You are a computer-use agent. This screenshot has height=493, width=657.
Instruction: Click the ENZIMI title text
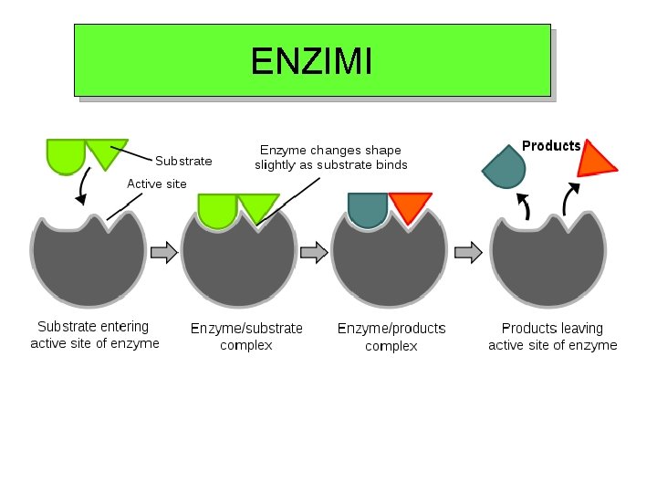pos(311,61)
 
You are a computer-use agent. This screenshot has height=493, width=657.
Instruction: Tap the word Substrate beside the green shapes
pos(183,161)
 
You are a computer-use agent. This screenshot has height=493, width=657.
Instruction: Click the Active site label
pos(156,184)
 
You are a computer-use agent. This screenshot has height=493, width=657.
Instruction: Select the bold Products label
pos(551,146)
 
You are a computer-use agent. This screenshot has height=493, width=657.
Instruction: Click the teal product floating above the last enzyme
pos(505,167)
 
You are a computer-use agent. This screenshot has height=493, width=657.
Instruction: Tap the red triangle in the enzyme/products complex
pos(409,205)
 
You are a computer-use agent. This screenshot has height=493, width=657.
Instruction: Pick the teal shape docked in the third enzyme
pos(367,208)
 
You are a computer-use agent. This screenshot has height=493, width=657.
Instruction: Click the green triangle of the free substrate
pos(105,151)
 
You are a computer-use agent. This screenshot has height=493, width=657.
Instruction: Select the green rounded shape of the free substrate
pos(65,154)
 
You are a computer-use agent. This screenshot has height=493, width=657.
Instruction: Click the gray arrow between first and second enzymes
pos(164,253)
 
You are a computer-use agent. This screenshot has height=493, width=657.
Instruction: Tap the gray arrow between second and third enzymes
pos(314,253)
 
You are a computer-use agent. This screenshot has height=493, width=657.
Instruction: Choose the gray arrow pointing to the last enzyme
pos(468,253)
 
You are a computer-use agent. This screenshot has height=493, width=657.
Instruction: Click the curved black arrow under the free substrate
pos(82,187)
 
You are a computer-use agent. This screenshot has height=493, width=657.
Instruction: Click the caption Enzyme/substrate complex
pos(246,336)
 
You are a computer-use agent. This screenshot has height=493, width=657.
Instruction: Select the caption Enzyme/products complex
pos(391,336)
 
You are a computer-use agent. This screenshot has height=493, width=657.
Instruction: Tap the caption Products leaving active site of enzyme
pos(552,336)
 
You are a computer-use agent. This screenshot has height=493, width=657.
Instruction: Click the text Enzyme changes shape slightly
pos(330,157)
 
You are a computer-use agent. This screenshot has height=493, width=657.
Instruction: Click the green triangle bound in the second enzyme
pos(256,206)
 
